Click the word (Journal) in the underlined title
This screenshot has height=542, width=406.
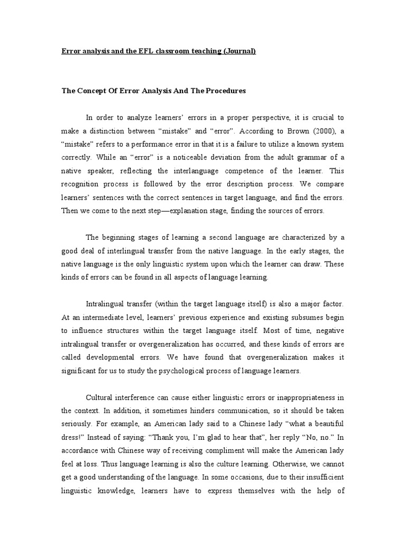[240, 51]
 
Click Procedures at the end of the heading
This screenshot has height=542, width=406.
[227, 91]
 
